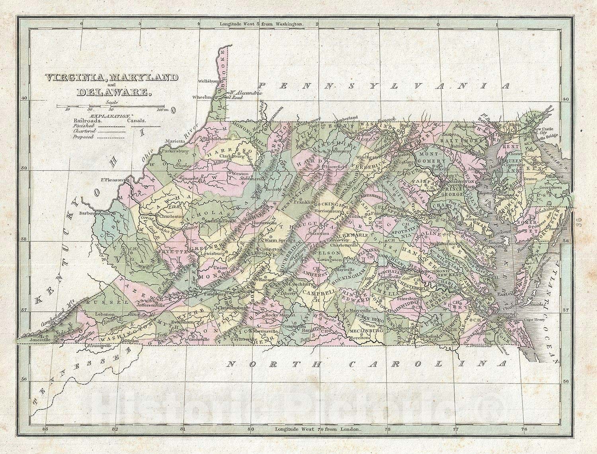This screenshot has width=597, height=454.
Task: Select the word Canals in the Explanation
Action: pos(137,120)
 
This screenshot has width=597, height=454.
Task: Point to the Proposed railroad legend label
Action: pos(83,137)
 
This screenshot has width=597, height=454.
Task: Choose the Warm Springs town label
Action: pos(279,241)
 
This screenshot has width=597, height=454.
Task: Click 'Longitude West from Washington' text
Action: pos(261,24)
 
